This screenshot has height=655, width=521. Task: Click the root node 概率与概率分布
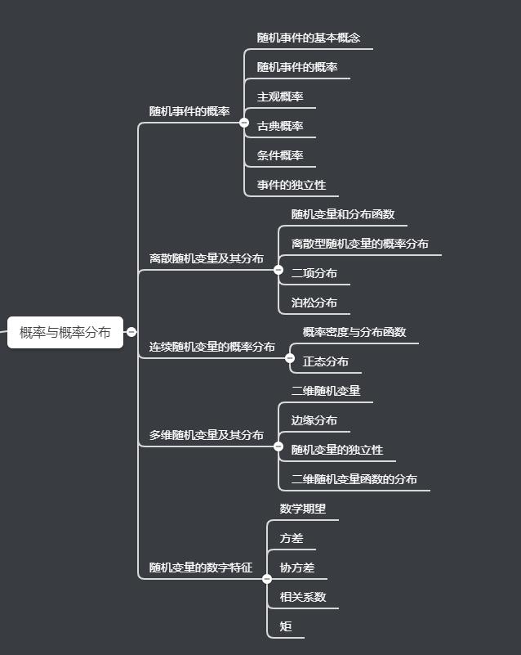[65, 332]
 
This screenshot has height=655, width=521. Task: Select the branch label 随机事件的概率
[189, 111]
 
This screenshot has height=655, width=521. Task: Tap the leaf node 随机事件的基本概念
[308, 38]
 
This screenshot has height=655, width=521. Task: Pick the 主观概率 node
[280, 96]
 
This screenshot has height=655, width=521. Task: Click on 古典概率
[280, 126]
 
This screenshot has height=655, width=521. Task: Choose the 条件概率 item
[280, 155]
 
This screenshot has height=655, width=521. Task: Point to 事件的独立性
[292, 185]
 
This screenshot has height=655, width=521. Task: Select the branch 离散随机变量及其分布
[207, 258]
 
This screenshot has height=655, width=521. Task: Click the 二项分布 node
[314, 273]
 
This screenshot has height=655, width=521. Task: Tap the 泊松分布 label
[314, 303]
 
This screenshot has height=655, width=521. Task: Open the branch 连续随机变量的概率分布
[212, 347]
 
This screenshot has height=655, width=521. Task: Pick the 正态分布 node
[326, 361]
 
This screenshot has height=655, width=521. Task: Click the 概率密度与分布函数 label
[354, 332]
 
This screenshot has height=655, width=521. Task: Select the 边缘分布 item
[314, 420]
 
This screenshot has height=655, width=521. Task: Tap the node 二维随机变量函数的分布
[354, 479]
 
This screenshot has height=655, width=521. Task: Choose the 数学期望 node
[303, 509]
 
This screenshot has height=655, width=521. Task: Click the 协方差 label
[297, 568]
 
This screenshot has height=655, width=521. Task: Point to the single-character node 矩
[286, 626]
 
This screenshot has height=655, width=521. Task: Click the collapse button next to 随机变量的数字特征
[267, 578]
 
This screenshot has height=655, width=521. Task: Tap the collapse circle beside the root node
[131, 332]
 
